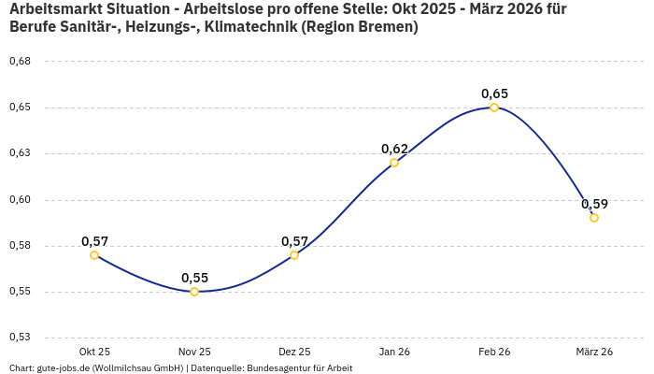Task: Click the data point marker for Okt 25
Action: (x=94, y=255)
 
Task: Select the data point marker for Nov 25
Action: (x=194, y=292)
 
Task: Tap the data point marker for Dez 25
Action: (x=294, y=255)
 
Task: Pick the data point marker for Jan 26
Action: (x=394, y=163)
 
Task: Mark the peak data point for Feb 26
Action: (x=494, y=108)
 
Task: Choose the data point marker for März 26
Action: (x=594, y=218)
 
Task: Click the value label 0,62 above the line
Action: (x=394, y=149)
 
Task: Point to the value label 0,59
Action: (x=594, y=204)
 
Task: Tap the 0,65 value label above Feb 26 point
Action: (x=494, y=93)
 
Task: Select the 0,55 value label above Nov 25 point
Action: (x=194, y=278)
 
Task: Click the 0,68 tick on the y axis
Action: (x=20, y=61)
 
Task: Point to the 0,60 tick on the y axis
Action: (x=20, y=199)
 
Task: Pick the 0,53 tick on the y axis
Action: (x=20, y=338)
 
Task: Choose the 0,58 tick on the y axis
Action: (x=20, y=246)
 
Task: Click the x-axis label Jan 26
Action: (x=394, y=352)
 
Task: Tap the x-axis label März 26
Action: (x=594, y=352)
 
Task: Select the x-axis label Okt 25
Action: (x=94, y=352)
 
